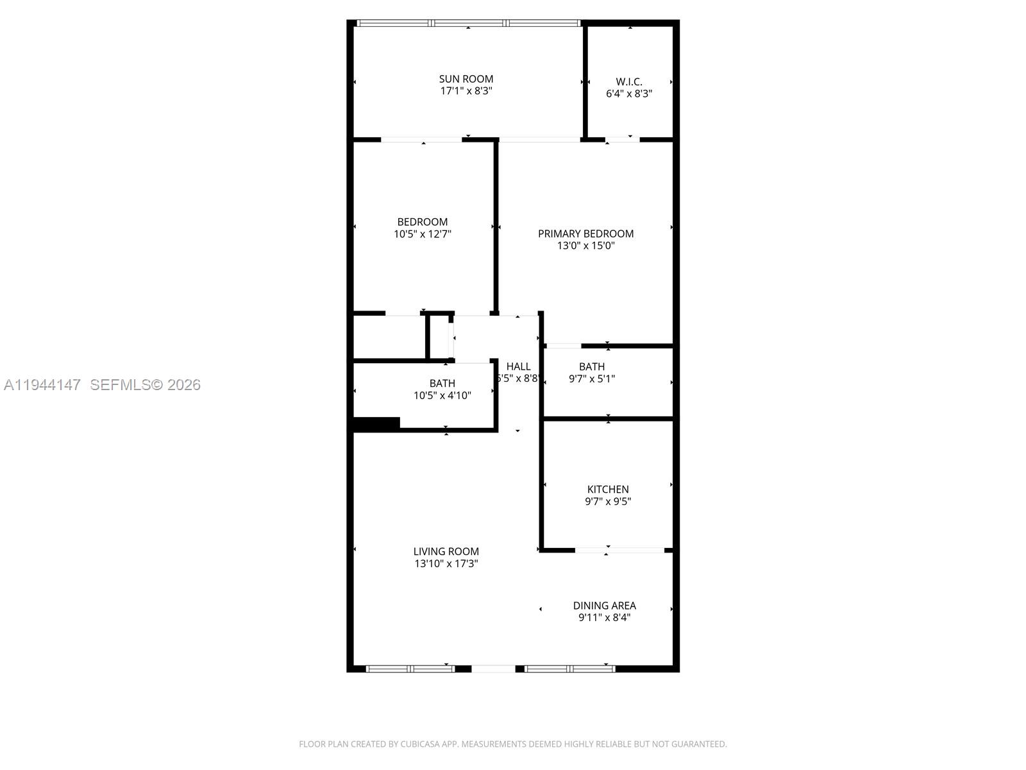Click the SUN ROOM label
[x=466, y=79]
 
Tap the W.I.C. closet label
[x=629, y=81]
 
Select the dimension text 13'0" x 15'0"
[x=585, y=246]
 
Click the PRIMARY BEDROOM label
[x=585, y=234]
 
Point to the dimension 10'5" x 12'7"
[x=422, y=234]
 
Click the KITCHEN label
[x=608, y=489]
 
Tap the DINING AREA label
[x=604, y=605]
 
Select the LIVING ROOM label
[x=446, y=551]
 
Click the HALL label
[x=518, y=366]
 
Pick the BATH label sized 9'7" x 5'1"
[x=591, y=366]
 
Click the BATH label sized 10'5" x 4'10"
[x=442, y=383]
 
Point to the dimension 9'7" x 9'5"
[x=608, y=502]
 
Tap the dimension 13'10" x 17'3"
[x=446, y=564]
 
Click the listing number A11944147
[x=42, y=385]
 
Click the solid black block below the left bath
[x=376, y=424]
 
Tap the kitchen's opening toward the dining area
[x=619, y=550]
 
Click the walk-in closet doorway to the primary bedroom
[x=622, y=139]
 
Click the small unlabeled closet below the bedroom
[x=389, y=337]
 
